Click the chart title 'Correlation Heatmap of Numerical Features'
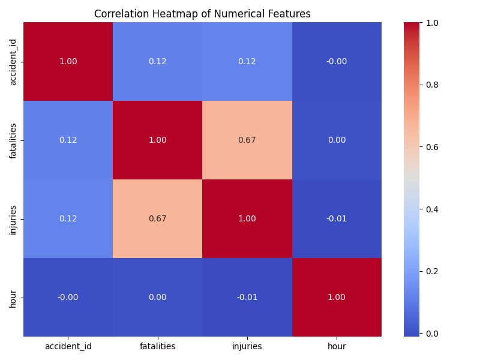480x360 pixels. [202, 14]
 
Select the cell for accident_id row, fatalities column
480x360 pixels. [157, 62]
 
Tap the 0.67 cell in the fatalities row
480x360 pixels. [247, 140]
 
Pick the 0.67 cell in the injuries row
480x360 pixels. [157, 219]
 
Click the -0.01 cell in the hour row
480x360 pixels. [247, 298]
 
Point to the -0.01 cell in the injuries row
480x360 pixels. [337, 219]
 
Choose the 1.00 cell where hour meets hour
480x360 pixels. [337, 298]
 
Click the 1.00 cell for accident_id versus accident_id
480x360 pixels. [68, 62]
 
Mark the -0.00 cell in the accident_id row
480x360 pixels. [337, 62]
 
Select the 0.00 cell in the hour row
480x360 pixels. [157, 298]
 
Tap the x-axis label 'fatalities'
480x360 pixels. [157, 346]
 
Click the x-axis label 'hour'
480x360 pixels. [337, 346]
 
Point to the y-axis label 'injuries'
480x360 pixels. [13, 219]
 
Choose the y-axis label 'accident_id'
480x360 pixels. [13, 62]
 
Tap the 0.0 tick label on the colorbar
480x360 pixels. [432, 334]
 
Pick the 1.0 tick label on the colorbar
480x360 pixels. [432, 23]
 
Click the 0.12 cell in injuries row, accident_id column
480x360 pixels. [68, 219]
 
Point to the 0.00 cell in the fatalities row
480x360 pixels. [337, 140]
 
